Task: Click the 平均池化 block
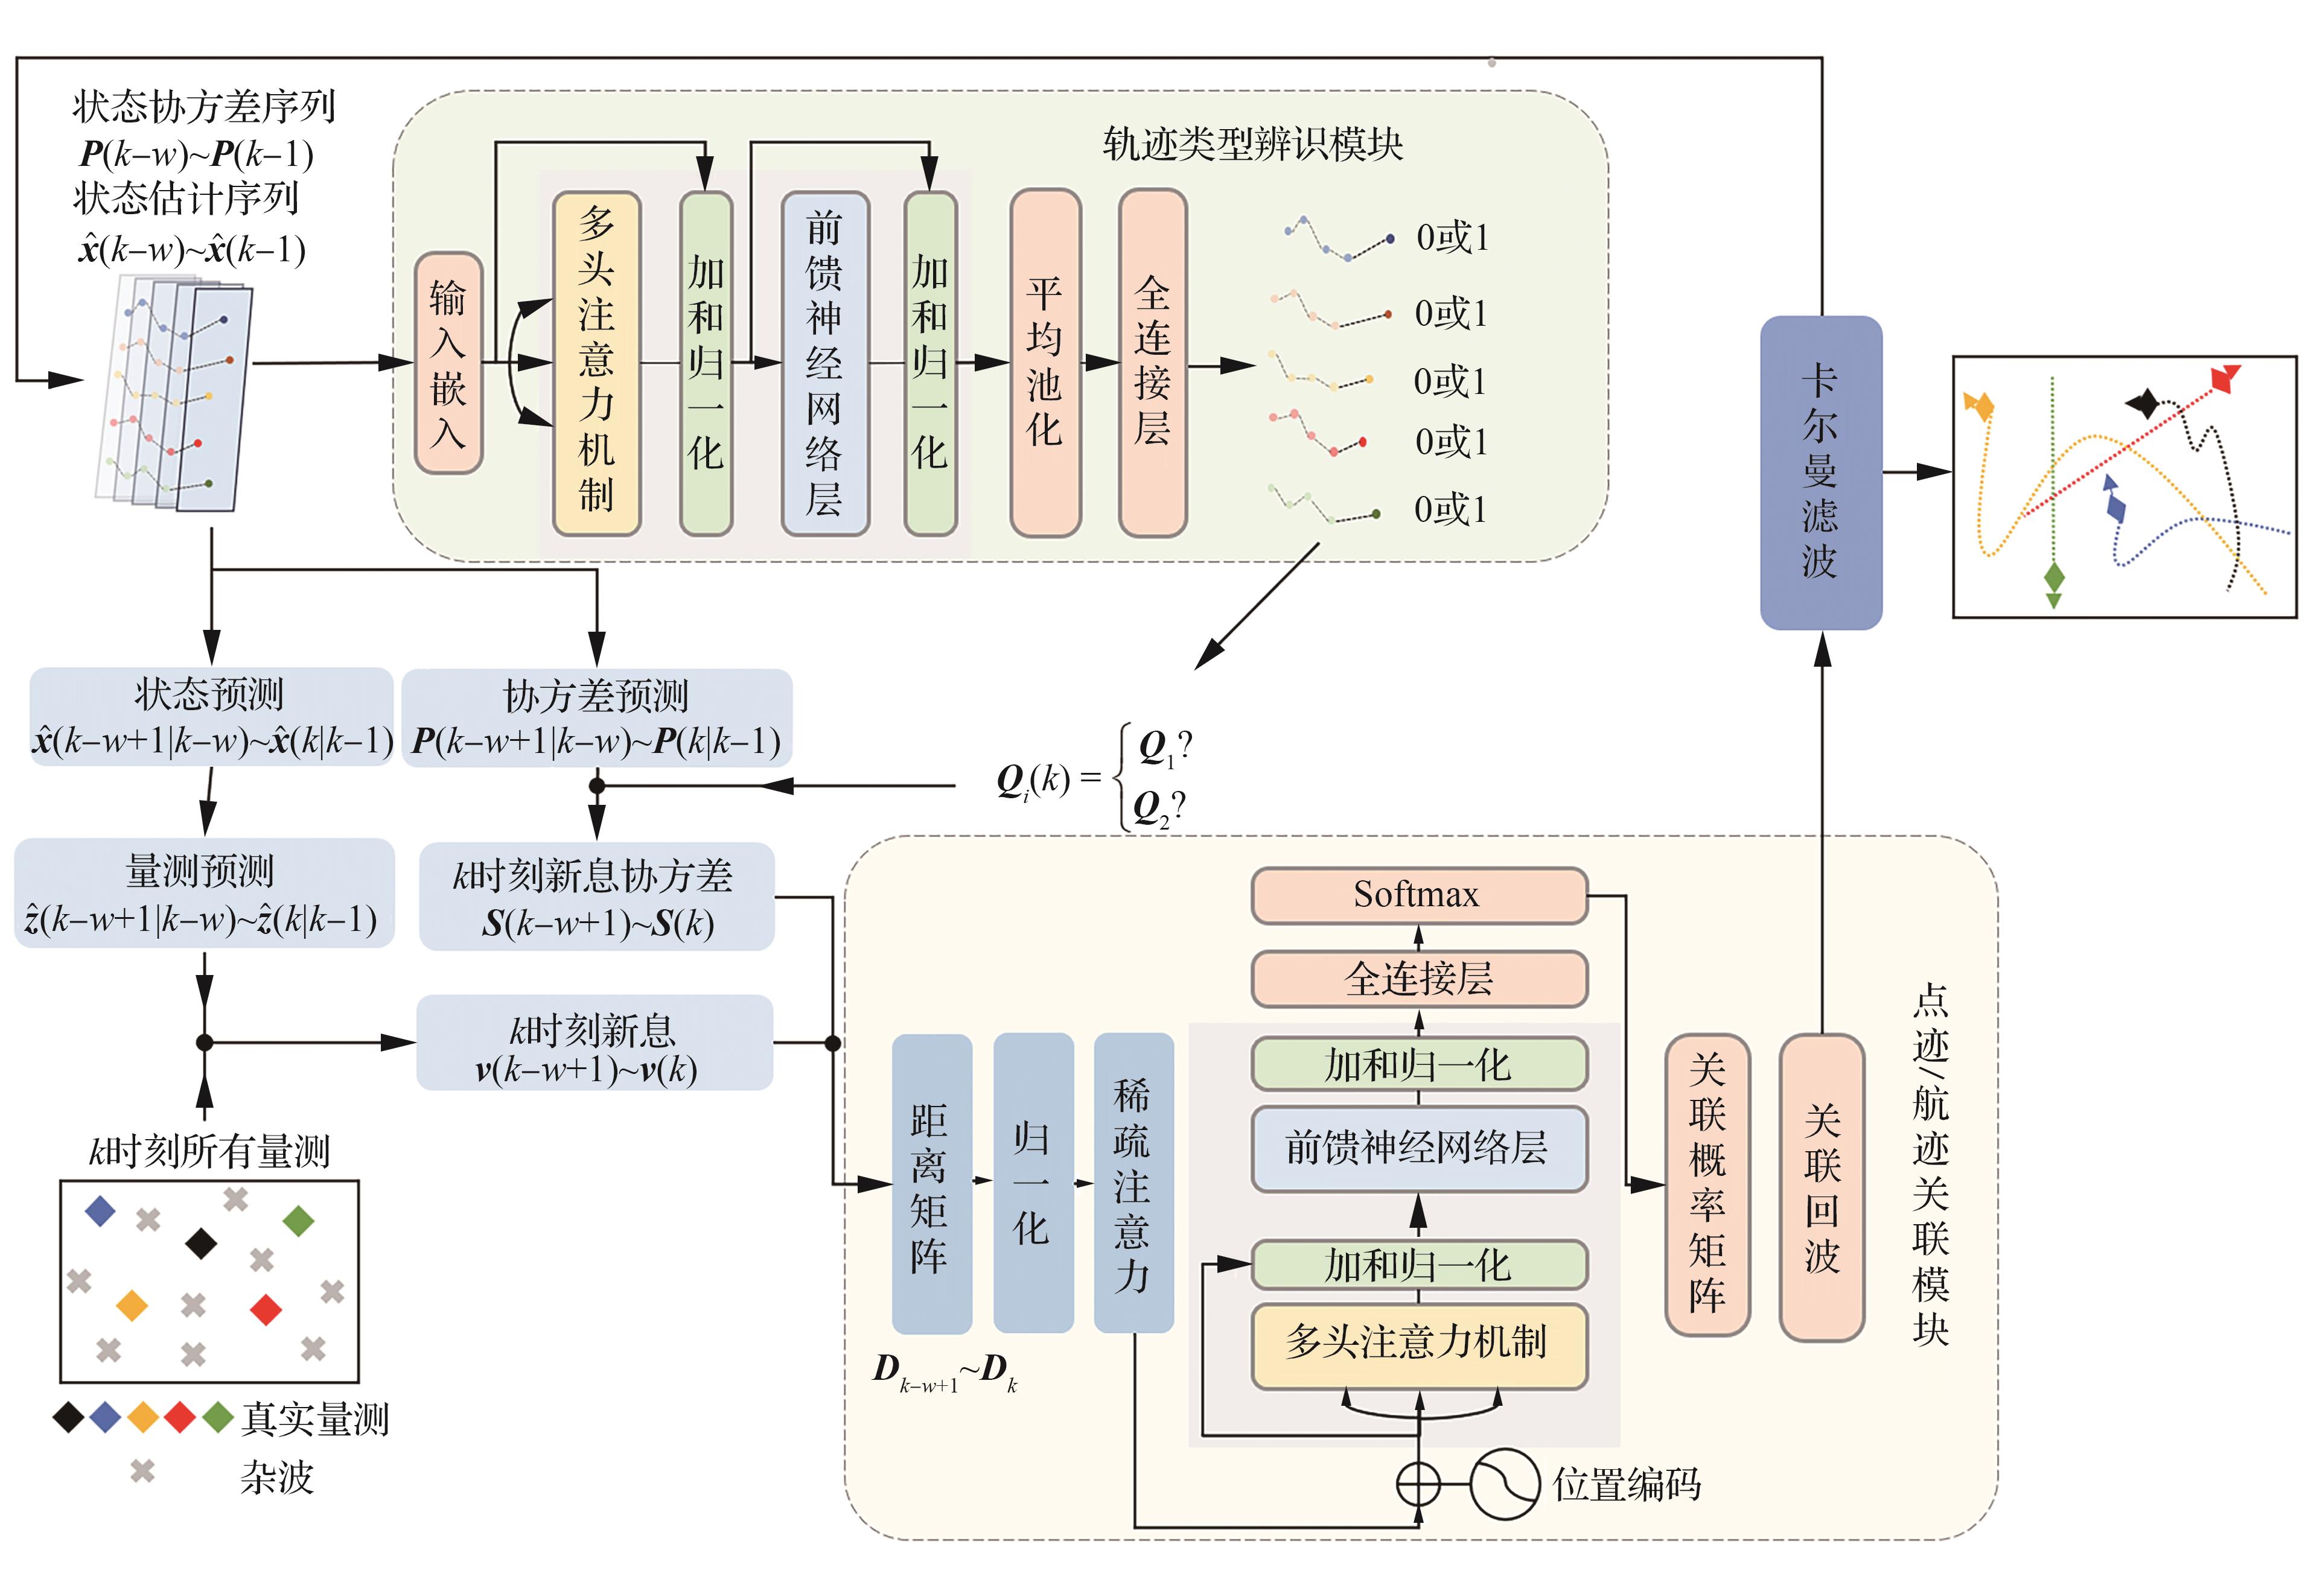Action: (x=1044, y=363)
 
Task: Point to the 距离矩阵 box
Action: (x=931, y=1184)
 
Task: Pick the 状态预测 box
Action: (x=210, y=716)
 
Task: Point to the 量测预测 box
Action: (x=203, y=892)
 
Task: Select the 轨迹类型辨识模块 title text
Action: (x=1252, y=144)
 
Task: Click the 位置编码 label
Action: (x=1626, y=1484)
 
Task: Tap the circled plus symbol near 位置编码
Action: (x=1418, y=1484)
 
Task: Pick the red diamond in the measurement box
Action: (x=266, y=1309)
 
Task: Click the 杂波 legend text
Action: (x=276, y=1476)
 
